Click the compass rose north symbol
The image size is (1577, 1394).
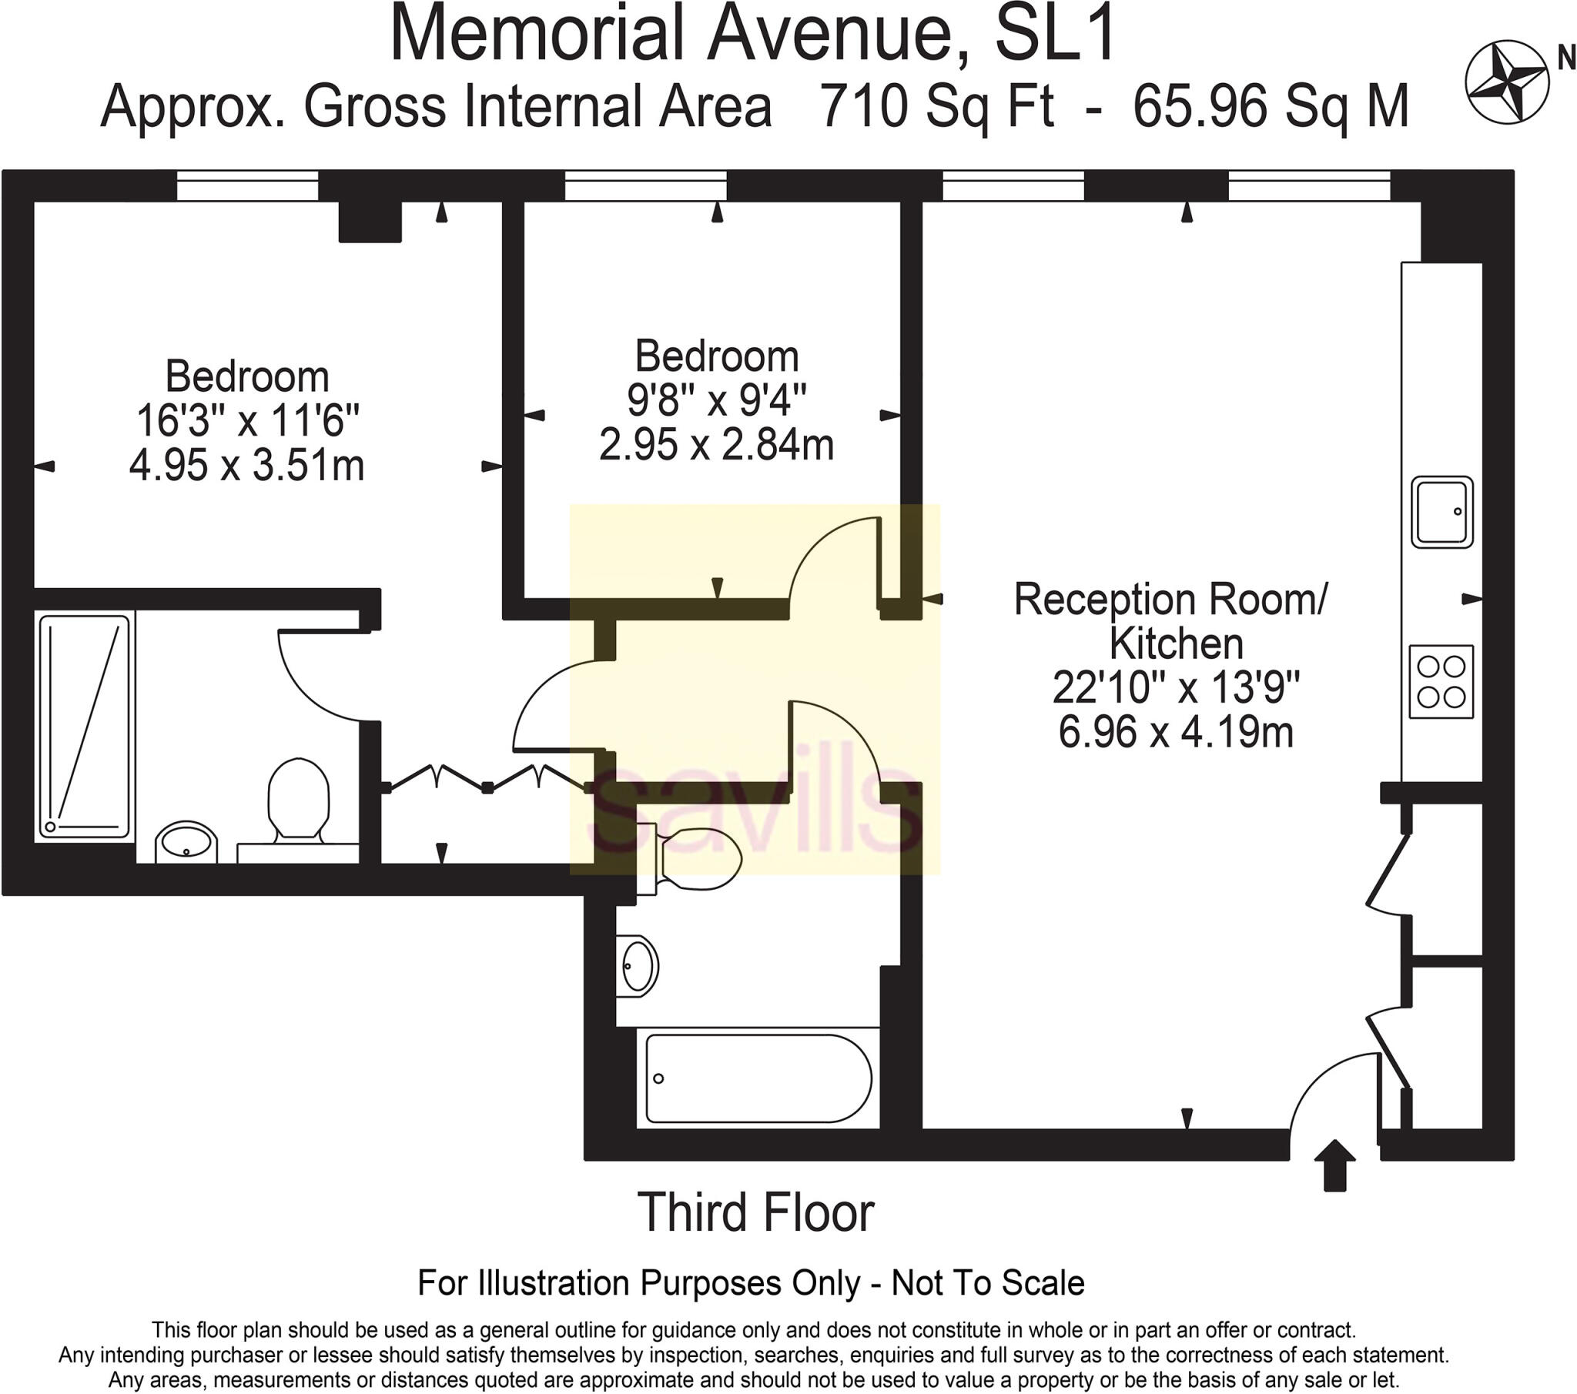[1507, 82]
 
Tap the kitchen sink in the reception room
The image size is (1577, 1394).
[1442, 512]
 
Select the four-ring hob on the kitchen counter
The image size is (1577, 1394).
[1441, 682]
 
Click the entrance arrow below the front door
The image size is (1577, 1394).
[1334, 1165]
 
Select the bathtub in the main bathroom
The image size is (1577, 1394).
[758, 1078]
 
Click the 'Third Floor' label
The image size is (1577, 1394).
[756, 1212]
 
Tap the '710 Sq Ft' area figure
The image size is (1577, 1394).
[936, 106]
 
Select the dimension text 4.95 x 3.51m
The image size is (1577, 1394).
[247, 465]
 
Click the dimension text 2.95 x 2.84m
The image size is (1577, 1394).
[717, 444]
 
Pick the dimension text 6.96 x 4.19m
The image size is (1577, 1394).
[1176, 731]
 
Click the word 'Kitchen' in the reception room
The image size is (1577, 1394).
[1177, 644]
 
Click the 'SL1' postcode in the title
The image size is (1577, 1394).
[1055, 35]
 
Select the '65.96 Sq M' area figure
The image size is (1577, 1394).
[1271, 106]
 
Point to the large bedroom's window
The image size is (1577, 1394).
[248, 186]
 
